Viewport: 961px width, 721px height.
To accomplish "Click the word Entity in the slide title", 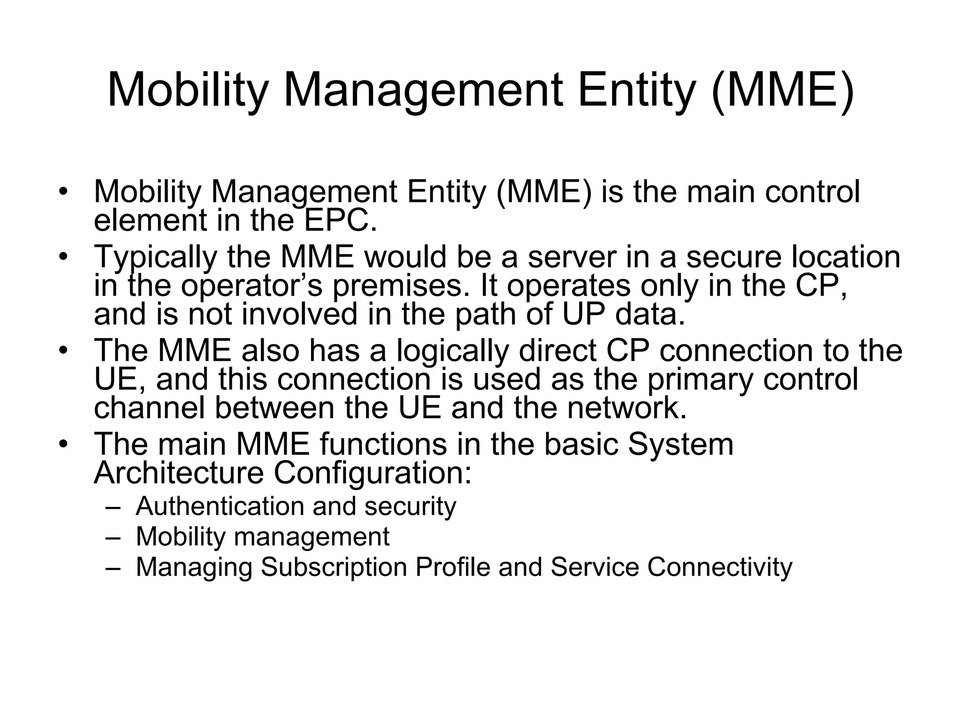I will point(636,89).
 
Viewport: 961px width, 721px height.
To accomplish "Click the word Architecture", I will point(179,473).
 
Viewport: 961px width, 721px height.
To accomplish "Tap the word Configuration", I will point(373,473).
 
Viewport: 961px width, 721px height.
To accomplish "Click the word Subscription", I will point(334,567).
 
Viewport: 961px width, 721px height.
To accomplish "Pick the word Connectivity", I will point(720,567).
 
